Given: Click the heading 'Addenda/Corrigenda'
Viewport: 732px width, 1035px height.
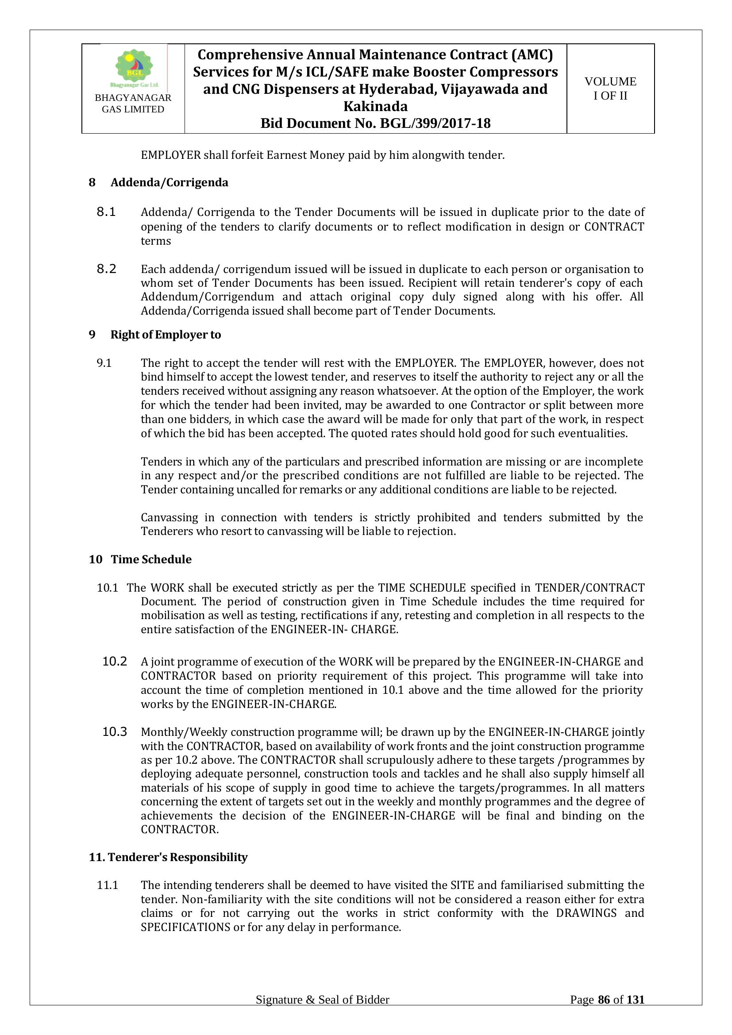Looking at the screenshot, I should tap(170, 183).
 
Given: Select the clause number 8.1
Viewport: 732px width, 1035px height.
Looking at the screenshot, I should tap(106, 212).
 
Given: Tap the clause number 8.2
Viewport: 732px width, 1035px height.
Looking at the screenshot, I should tap(106, 269).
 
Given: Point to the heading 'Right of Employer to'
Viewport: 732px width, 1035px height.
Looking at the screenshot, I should tap(166, 335).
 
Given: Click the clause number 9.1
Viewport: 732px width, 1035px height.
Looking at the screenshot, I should tap(104, 363).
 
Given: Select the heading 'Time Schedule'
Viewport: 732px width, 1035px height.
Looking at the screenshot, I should tap(151, 559).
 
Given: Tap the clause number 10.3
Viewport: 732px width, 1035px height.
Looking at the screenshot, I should tap(115, 731).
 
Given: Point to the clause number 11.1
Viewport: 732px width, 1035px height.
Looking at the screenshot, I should tap(108, 885).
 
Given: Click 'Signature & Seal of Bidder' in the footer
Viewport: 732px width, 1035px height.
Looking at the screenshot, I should tap(322, 1012).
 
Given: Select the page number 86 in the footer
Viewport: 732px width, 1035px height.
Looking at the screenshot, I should tap(604, 1012).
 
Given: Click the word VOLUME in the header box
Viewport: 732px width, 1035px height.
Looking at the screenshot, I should tap(610, 81).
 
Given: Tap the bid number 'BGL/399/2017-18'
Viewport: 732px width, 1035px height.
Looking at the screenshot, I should tap(435, 123).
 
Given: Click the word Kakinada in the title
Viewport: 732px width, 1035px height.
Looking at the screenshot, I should tap(375, 106).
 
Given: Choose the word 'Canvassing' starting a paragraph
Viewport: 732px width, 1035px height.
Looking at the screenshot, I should tap(170, 518).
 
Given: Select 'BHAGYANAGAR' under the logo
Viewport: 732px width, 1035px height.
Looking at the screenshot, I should tap(133, 98).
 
